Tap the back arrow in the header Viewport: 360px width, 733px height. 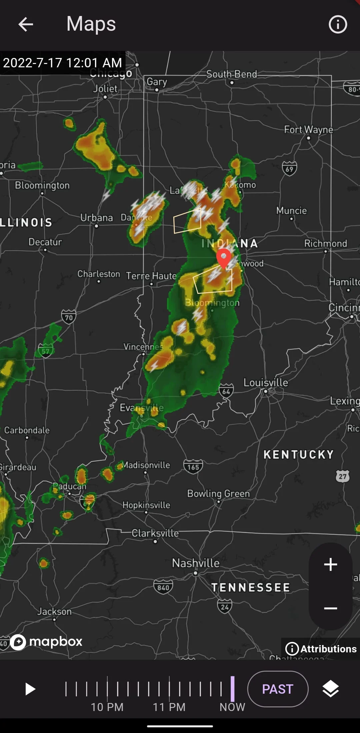(x=26, y=24)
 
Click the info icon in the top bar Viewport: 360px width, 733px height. (x=338, y=24)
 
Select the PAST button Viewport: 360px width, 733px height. (x=278, y=689)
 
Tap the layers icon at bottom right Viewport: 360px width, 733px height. (x=330, y=689)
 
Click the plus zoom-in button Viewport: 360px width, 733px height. (x=330, y=564)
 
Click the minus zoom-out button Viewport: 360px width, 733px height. (x=330, y=608)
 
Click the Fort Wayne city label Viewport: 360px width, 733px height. (x=308, y=130)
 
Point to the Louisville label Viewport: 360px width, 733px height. (x=266, y=382)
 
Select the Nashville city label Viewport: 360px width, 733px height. (x=196, y=563)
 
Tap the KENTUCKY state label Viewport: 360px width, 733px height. (x=298, y=454)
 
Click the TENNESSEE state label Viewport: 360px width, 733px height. (x=251, y=587)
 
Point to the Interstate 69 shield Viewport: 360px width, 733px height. (x=289, y=169)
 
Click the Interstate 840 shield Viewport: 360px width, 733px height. (x=163, y=587)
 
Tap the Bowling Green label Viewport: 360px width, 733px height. (x=218, y=493)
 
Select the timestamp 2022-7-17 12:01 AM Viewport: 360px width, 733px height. (x=63, y=63)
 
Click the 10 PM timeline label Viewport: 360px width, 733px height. (x=107, y=707)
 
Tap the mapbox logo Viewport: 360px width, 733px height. (x=47, y=641)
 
